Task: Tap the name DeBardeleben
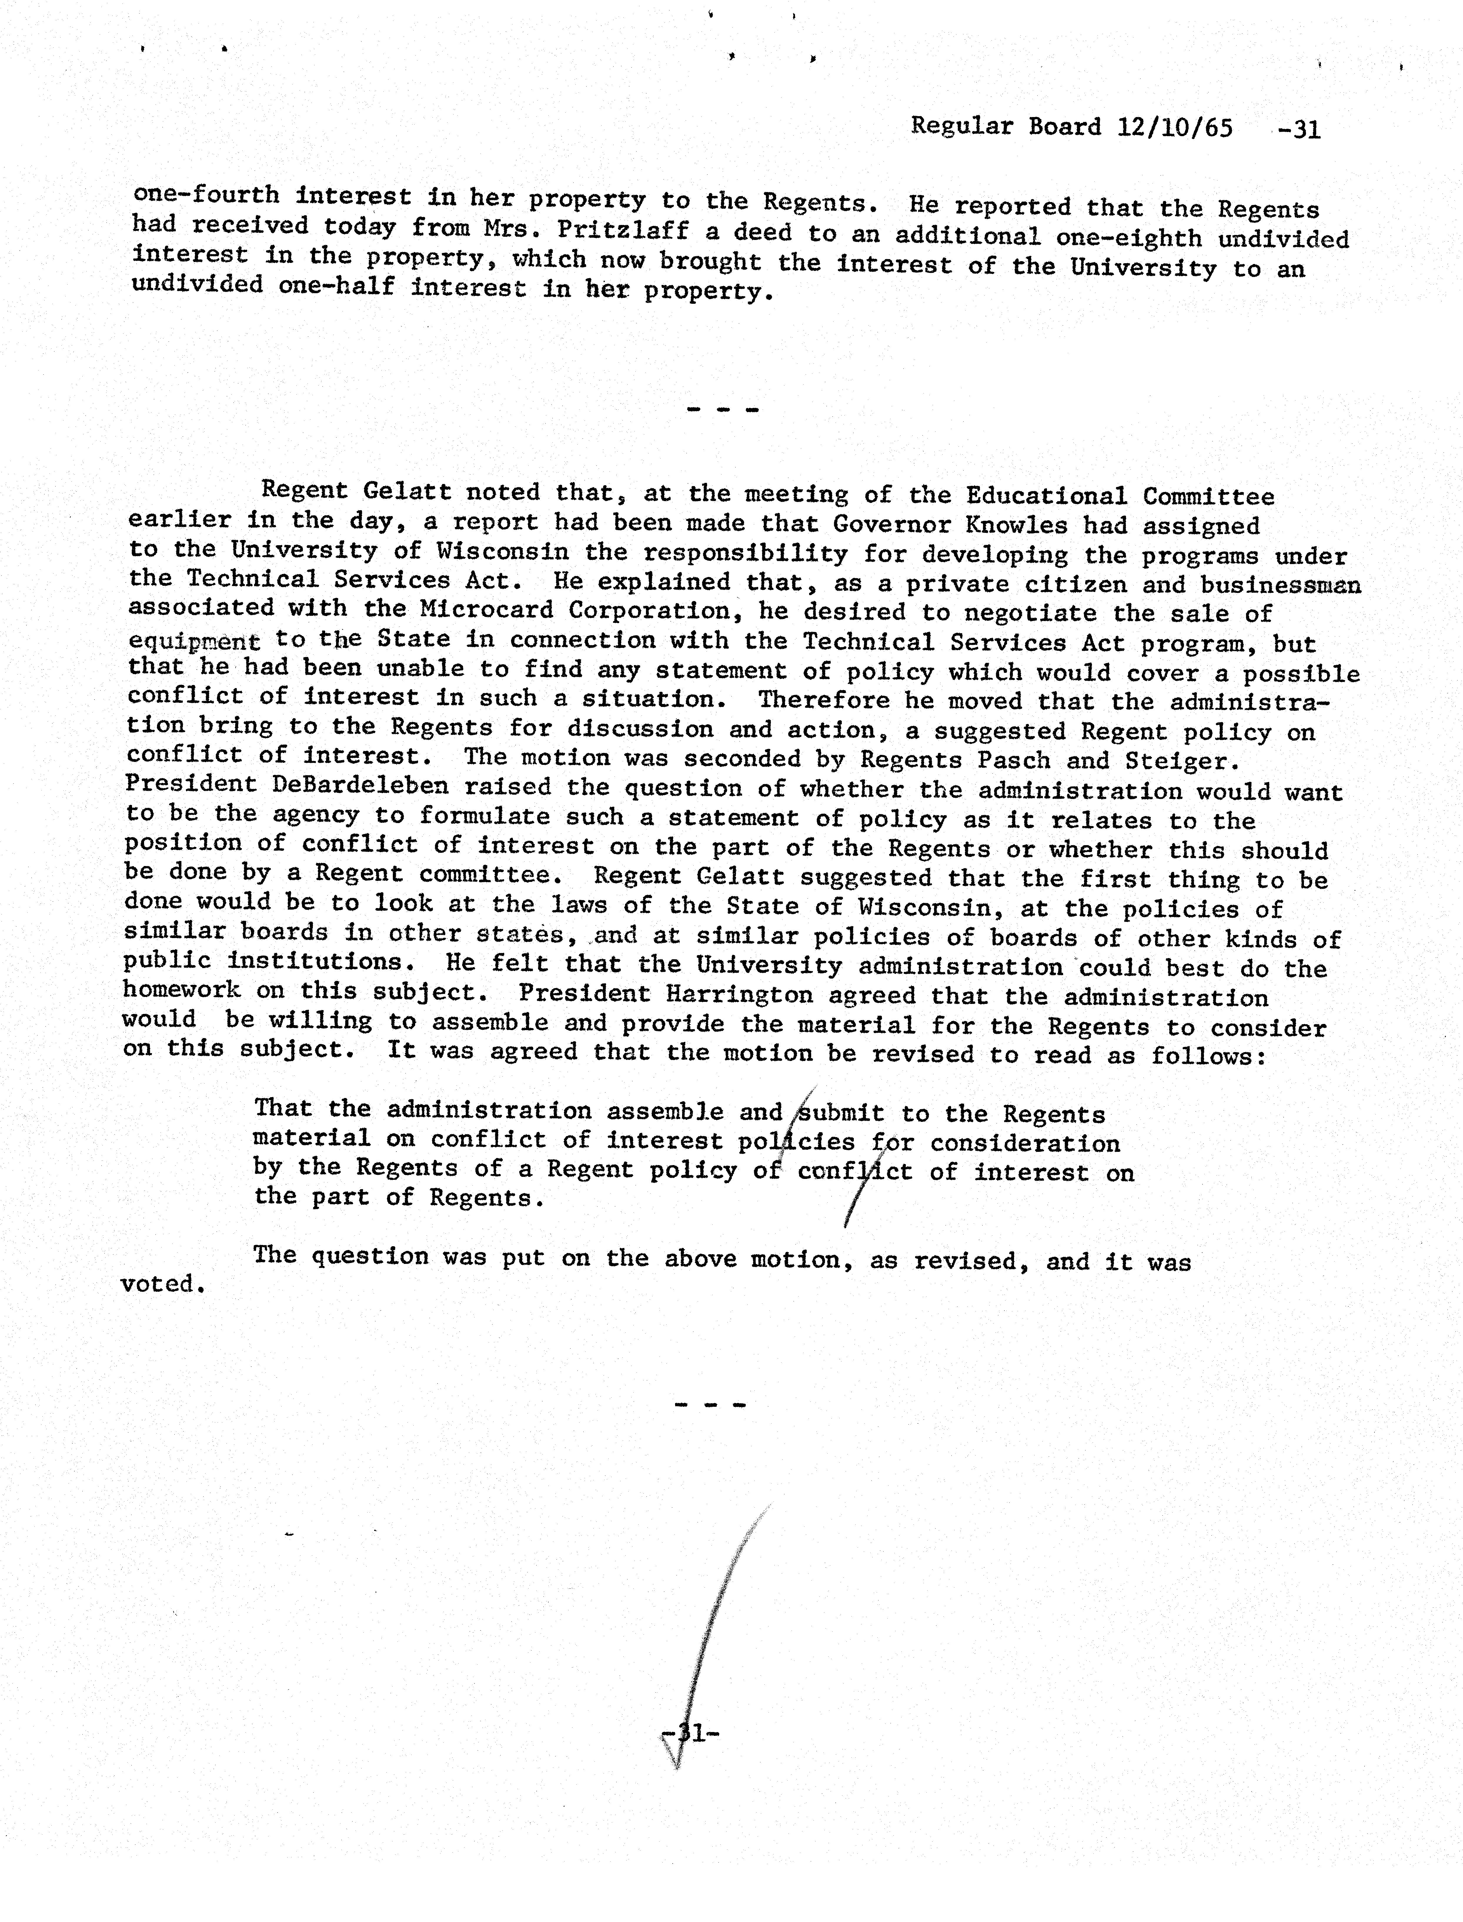pos(360,785)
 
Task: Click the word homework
pos(181,990)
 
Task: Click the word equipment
pos(193,642)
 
